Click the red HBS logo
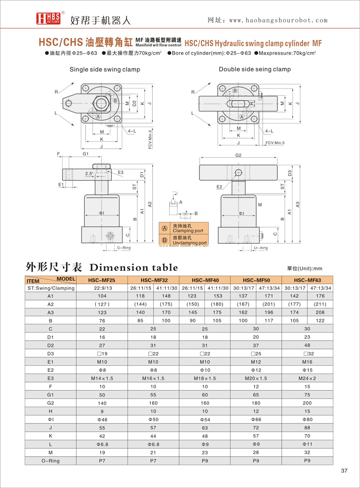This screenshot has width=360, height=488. [x=48, y=18]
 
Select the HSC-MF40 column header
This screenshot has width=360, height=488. [x=205, y=280]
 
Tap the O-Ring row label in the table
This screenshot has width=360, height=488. [x=50, y=461]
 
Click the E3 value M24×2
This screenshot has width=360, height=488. [x=307, y=378]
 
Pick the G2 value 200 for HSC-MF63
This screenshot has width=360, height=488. [x=307, y=403]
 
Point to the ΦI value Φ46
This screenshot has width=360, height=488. [x=102, y=420]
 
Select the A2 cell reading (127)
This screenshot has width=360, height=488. [x=102, y=304]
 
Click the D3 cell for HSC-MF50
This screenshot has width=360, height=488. [x=256, y=354]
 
